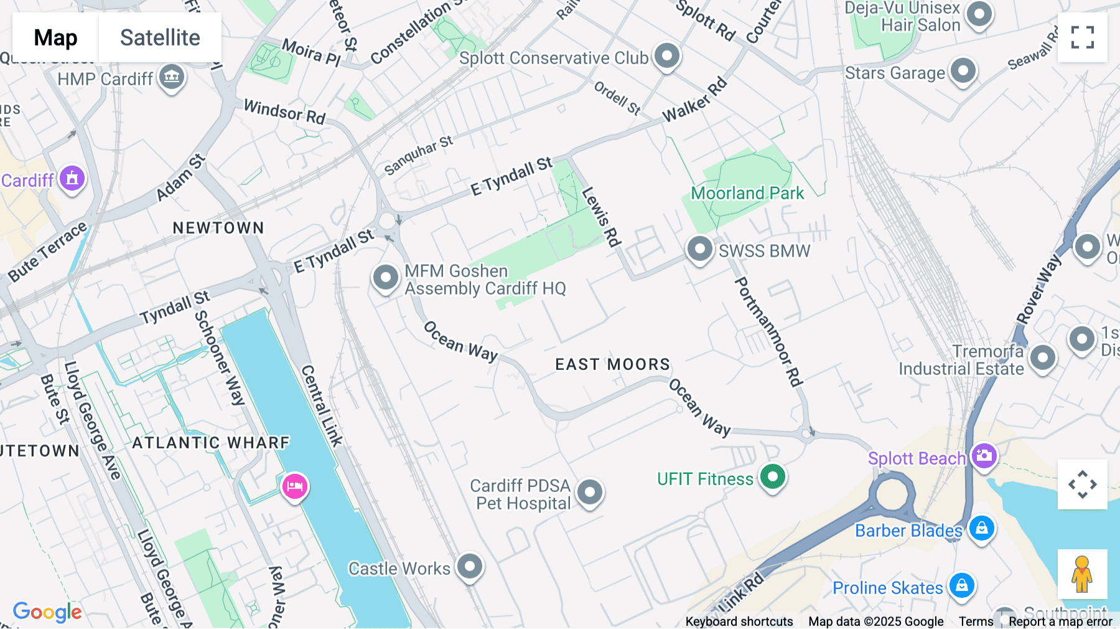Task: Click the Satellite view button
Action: pyautogui.click(x=160, y=37)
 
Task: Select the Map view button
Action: pyautogui.click(x=55, y=37)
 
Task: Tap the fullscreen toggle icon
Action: pyautogui.click(x=1082, y=37)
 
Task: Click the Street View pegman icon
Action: pyautogui.click(x=1082, y=574)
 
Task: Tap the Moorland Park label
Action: pyautogui.click(x=747, y=193)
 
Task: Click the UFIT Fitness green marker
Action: pyautogui.click(x=773, y=477)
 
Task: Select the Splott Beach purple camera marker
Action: pyautogui.click(x=984, y=456)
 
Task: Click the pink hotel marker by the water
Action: pyautogui.click(x=295, y=486)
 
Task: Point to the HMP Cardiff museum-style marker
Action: pyautogui.click(x=172, y=77)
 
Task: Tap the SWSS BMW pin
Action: pyautogui.click(x=699, y=249)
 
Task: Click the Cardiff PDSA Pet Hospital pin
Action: pyautogui.click(x=590, y=493)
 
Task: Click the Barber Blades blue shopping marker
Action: pyautogui.click(x=981, y=529)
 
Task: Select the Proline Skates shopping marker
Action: pyautogui.click(x=962, y=585)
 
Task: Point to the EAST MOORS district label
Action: pyautogui.click(x=612, y=364)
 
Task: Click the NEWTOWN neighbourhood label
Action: pyautogui.click(x=218, y=228)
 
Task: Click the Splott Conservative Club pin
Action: pyautogui.click(x=667, y=56)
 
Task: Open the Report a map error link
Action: pyautogui.click(x=1060, y=622)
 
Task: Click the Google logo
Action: pyautogui.click(x=47, y=612)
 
